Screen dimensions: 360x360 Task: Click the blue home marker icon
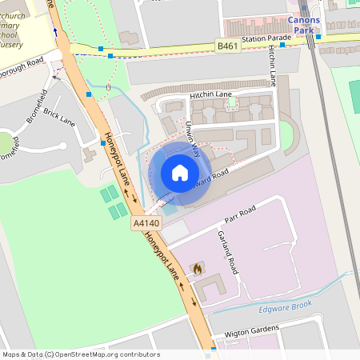pos(179,172)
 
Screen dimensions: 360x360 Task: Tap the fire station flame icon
pos(196,270)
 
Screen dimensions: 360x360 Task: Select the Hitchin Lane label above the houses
pos(210,94)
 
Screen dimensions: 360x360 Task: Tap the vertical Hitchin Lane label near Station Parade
pos(273,66)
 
